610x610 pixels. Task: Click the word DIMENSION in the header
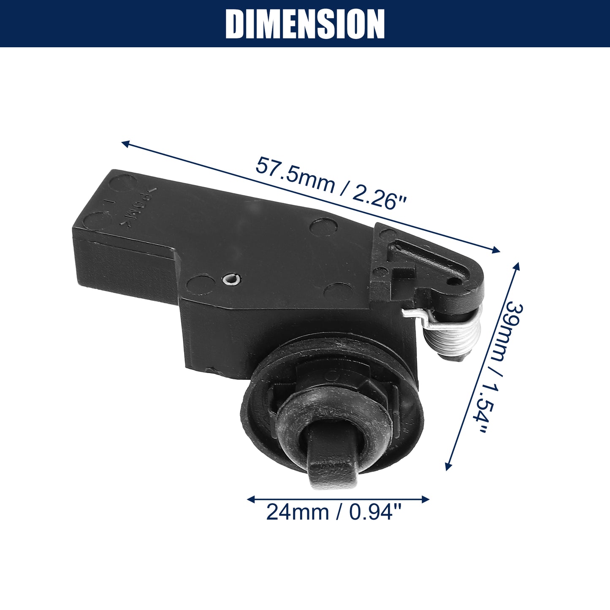[x=305, y=24]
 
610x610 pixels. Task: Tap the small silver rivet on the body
[x=231, y=279]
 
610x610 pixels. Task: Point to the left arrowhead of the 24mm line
[x=251, y=499]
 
